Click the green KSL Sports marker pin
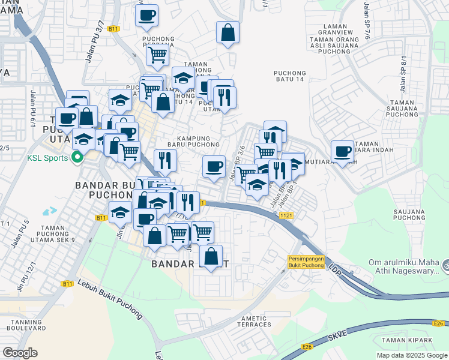(76, 158)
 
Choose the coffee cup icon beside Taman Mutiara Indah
(343, 152)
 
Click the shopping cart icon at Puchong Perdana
(157, 55)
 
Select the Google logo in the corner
(20, 353)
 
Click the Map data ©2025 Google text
(412, 355)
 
